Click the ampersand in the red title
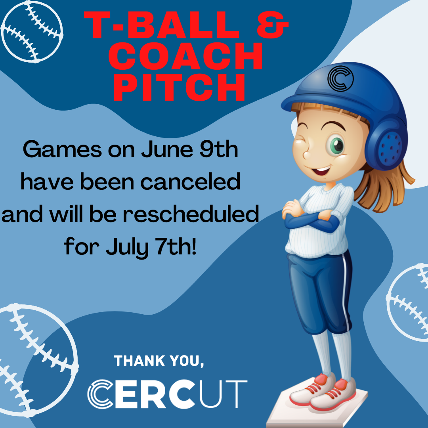point(273,25)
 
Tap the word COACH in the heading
point(185,57)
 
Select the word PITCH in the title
point(179,87)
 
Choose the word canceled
point(190,182)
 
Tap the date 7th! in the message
point(176,246)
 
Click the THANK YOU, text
point(159,361)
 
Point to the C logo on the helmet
point(340,78)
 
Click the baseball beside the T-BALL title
point(32,32)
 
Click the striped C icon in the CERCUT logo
point(101,394)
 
